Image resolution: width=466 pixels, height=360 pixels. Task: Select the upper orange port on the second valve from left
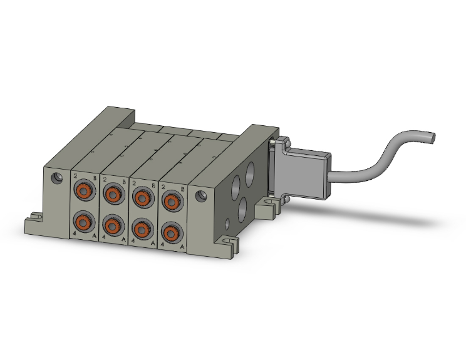coord(113,194)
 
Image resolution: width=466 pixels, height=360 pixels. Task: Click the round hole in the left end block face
coord(58,178)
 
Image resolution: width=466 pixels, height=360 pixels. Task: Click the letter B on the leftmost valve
coord(95,178)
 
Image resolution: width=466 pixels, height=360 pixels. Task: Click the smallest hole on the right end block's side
coord(229,222)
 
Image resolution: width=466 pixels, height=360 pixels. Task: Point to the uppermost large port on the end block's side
coord(252,170)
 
